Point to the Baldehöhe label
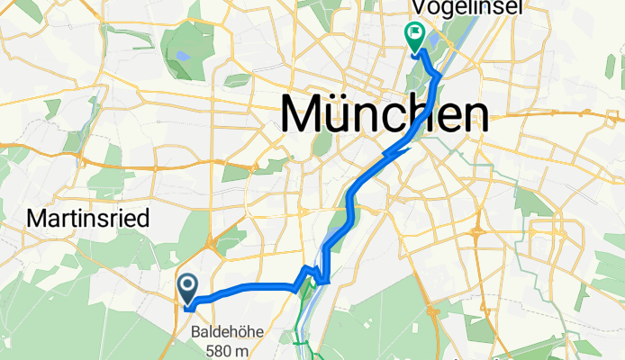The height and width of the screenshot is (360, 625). click(228, 331)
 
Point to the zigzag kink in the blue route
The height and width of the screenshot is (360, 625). click(312, 274)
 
